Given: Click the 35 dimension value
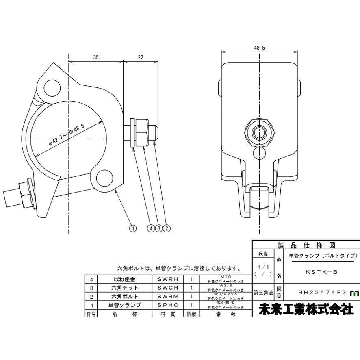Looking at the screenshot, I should [x=95, y=58].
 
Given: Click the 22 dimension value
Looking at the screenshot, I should [x=140, y=58].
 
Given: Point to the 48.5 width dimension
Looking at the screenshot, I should [x=259, y=48].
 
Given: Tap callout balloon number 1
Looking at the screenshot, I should [x=132, y=229].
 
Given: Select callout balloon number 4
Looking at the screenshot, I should [x=151, y=229].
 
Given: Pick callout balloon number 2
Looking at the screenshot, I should [x=166, y=229].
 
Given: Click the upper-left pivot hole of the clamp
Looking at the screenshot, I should [x=52, y=86].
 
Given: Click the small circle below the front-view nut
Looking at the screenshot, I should [x=259, y=153].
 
